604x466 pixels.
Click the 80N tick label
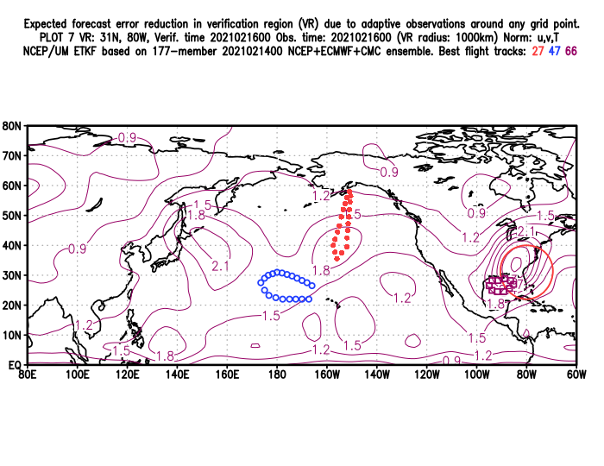[13, 125]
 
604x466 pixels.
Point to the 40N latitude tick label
[13, 245]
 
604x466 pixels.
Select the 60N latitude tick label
[13, 186]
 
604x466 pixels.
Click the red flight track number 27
[538, 52]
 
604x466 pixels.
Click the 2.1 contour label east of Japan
[219, 266]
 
